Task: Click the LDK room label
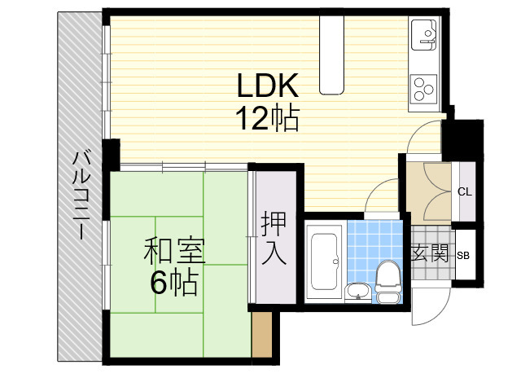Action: point(268,85)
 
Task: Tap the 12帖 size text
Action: point(268,119)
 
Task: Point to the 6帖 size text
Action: point(173,283)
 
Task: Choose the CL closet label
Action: point(465,192)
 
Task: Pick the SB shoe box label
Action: point(462,254)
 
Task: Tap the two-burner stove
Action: point(425,86)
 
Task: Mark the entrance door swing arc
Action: point(427,305)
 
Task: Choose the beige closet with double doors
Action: point(428,192)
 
